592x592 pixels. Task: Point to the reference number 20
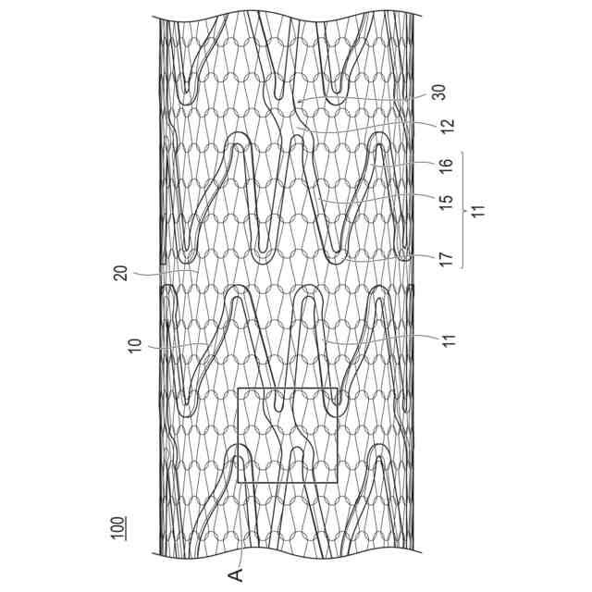[135, 273]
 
